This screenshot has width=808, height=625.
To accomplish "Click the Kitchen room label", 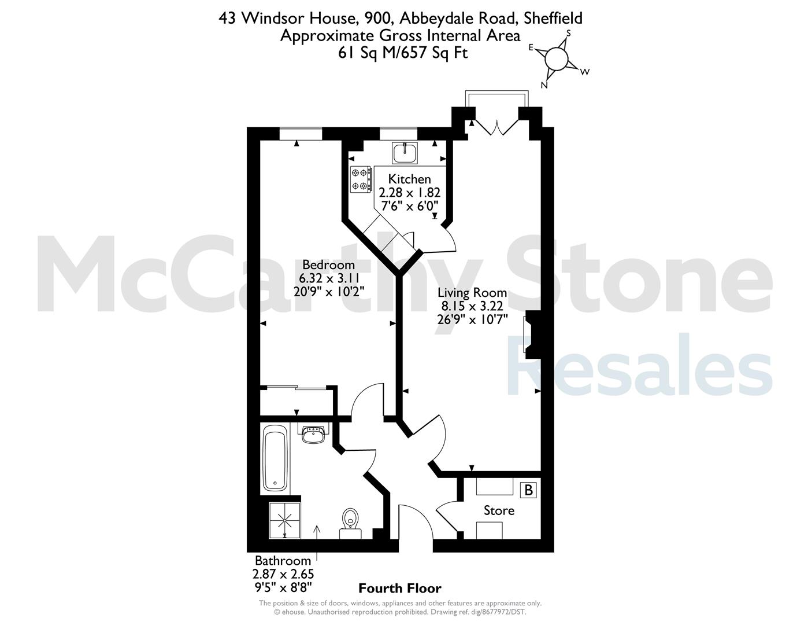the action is tap(409, 179).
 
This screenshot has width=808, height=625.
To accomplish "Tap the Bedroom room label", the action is tap(328, 264).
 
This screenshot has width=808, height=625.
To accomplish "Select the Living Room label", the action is tap(472, 293).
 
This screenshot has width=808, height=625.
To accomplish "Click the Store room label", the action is tap(499, 510).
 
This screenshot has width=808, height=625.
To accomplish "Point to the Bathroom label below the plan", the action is tap(283, 561).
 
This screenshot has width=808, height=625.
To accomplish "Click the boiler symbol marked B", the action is tap(528, 490).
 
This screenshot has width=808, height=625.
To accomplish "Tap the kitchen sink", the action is tap(405, 153).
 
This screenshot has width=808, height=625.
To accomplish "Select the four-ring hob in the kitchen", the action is tap(361, 179).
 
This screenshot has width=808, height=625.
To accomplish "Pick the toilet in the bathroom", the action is tap(350, 523).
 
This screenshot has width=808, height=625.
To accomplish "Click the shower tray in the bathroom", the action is tap(284, 520).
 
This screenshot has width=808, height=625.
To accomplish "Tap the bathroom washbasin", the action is tap(313, 435).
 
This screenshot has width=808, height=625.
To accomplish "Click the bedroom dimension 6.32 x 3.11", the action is tap(328, 278).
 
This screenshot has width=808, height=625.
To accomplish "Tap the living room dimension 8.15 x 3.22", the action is tap(472, 306).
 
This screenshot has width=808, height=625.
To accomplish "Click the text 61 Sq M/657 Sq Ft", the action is tap(403, 53).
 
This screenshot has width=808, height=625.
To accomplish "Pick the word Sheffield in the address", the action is tap(553, 19).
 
